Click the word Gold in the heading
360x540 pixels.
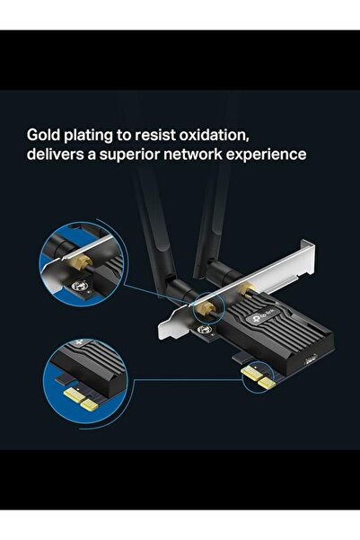point(45,135)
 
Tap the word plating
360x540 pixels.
point(99,136)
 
